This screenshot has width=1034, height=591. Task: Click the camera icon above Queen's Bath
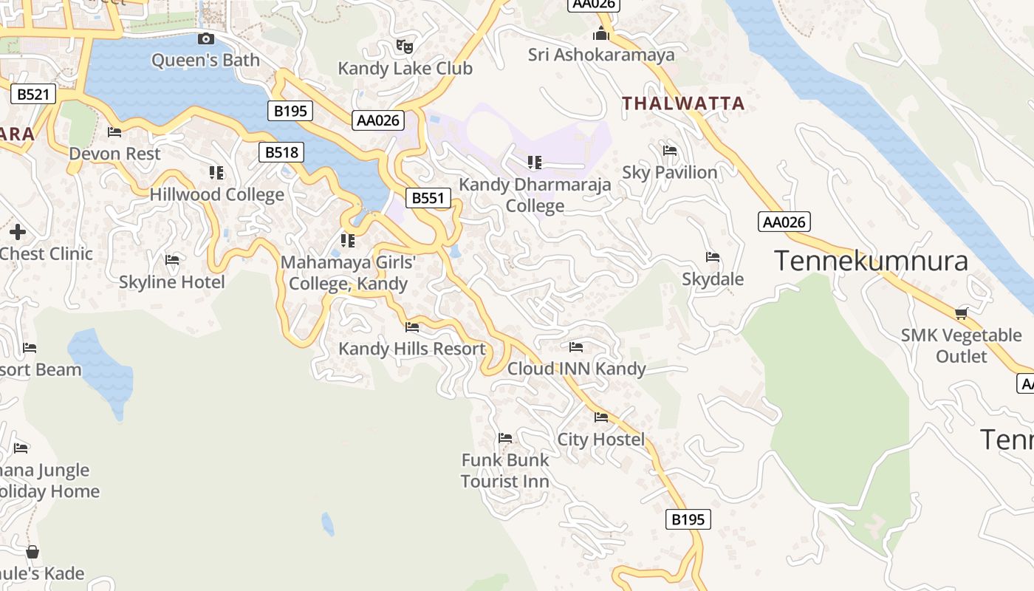pyautogui.click(x=206, y=39)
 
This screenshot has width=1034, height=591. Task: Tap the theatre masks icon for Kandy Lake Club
pyautogui.click(x=404, y=47)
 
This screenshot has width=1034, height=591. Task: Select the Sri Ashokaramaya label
pyautogui.click(x=601, y=55)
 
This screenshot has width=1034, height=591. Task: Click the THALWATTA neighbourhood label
pyautogui.click(x=683, y=103)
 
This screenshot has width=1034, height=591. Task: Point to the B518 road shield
pyautogui.click(x=282, y=152)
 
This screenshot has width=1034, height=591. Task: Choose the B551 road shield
pyautogui.click(x=428, y=197)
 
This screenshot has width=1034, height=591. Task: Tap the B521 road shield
pyautogui.click(x=33, y=94)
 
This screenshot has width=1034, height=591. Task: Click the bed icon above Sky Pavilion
pyautogui.click(x=670, y=151)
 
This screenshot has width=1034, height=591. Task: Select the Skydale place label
pyautogui.click(x=712, y=279)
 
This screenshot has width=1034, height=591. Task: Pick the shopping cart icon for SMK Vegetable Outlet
pyautogui.click(x=961, y=314)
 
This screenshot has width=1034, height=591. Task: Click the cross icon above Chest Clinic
pyautogui.click(x=18, y=232)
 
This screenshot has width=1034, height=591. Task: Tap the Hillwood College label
pyautogui.click(x=216, y=195)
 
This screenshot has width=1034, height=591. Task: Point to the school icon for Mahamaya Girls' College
pyautogui.click(x=348, y=241)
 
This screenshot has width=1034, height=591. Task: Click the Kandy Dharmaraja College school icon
pyautogui.click(x=535, y=163)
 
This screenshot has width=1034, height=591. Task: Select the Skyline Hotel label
pyautogui.click(x=172, y=282)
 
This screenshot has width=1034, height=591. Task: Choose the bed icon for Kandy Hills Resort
pyautogui.click(x=412, y=327)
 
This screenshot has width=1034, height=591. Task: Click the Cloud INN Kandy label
pyautogui.click(x=576, y=369)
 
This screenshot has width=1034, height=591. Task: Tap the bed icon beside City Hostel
pyautogui.click(x=601, y=418)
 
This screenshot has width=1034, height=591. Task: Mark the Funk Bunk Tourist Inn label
pyautogui.click(x=505, y=471)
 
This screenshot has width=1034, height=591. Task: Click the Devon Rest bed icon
pyautogui.click(x=114, y=132)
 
